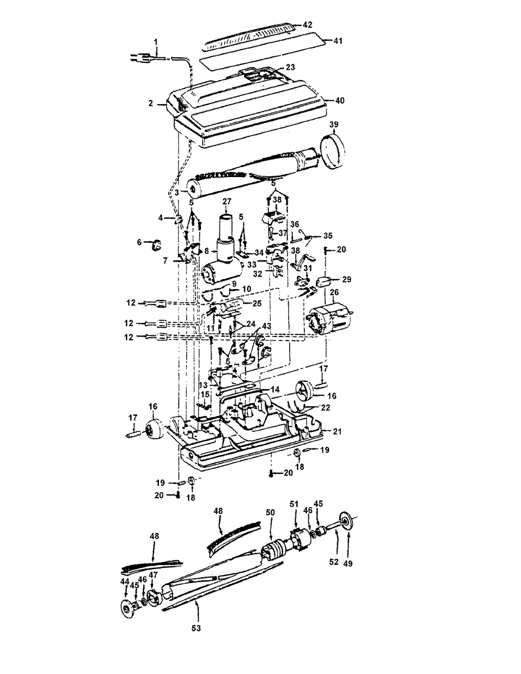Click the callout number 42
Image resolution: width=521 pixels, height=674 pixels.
point(307,24)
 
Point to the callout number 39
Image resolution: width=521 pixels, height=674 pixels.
point(333,124)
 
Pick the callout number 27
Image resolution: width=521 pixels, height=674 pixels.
point(227,201)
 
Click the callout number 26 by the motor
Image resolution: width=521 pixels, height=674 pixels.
point(334,292)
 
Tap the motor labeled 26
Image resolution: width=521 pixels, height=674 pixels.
point(329,320)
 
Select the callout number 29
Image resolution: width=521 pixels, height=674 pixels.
point(346,280)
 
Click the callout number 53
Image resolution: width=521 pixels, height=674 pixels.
point(196,628)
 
